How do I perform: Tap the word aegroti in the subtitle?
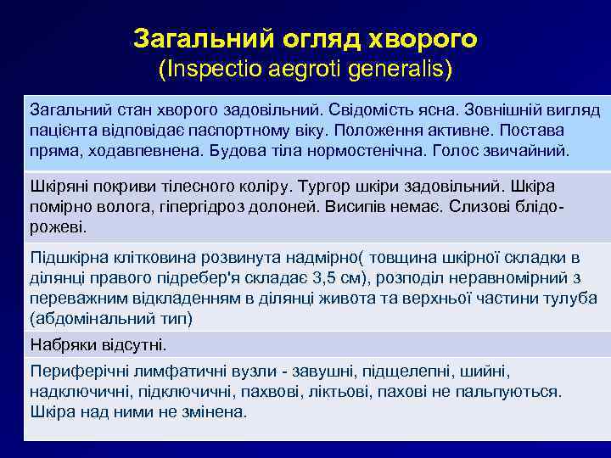pos(293,69)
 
